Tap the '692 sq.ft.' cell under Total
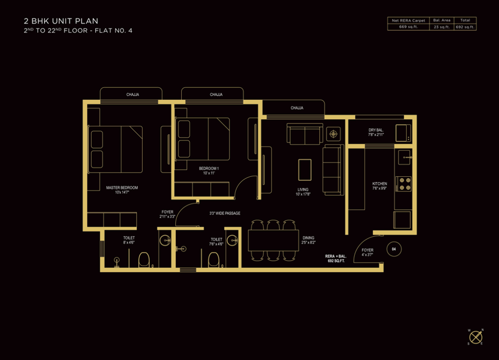click(465, 26)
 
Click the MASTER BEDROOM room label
click(122, 190)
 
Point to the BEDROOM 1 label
click(209, 170)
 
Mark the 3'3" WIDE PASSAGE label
click(225, 213)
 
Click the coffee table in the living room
click(305, 169)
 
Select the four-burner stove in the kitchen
click(404, 183)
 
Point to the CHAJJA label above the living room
click(297, 108)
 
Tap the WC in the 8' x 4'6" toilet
click(144, 260)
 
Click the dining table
click(273, 240)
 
